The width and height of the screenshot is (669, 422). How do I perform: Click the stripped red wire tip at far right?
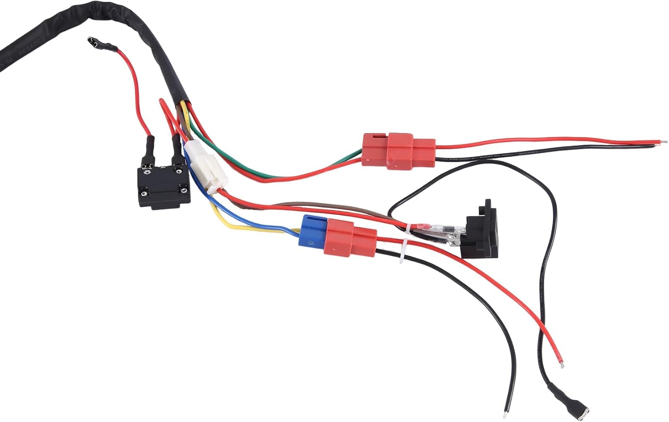tap(664, 143)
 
